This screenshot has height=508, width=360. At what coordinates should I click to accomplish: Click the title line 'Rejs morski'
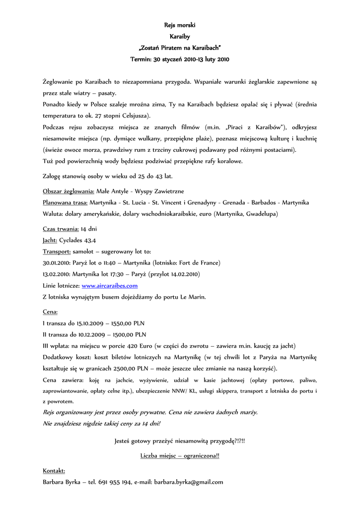coord(180,25)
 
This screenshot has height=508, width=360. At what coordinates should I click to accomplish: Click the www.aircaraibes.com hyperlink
coord(109,286)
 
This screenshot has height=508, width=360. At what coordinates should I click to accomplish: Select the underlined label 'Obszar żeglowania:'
coord(69,191)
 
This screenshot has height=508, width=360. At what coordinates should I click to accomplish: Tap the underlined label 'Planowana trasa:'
coord(66,202)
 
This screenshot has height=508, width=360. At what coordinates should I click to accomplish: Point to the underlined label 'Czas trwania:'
coord(61,229)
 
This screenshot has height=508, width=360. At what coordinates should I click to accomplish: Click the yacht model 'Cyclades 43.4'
coord(78,240)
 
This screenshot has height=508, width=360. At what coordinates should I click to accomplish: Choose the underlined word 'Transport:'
coord(57,252)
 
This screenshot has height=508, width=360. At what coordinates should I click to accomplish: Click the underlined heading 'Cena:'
coord(50,312)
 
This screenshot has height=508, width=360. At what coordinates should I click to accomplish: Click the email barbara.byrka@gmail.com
coord(188,482)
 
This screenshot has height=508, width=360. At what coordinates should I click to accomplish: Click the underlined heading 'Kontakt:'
coord(54,470)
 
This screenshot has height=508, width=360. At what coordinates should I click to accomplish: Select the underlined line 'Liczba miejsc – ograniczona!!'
coord(180,455)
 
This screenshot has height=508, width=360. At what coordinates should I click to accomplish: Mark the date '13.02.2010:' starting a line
coord(57,274)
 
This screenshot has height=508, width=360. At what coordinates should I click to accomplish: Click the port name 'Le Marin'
coord(191,297)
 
